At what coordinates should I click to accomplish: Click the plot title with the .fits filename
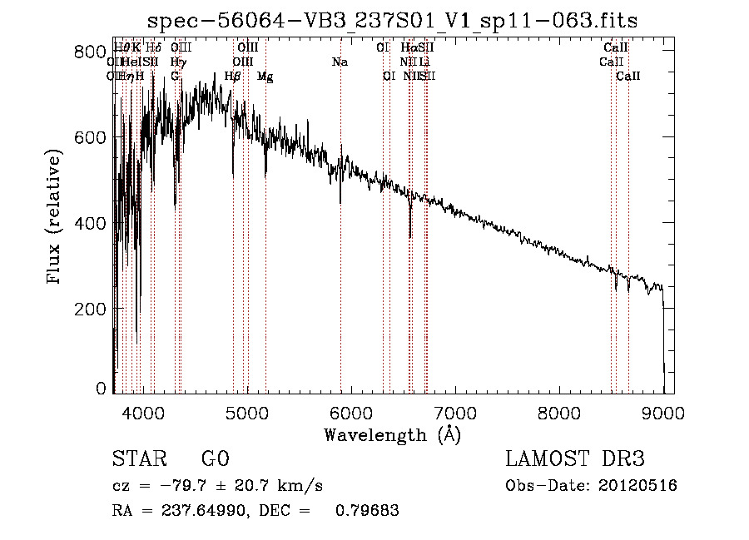(393, 20)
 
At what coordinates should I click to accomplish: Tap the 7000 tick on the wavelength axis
(454, 411)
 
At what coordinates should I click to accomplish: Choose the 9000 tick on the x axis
(662, 411)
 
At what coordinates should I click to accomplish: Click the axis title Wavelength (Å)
(392, 434)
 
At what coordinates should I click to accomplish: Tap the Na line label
(340, 62)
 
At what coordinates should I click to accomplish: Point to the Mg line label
(265, 76)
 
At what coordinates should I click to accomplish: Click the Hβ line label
(232, 76)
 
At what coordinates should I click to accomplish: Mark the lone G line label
(175, 76)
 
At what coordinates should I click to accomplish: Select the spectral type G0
(215, 459)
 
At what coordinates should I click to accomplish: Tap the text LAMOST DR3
(575, 459)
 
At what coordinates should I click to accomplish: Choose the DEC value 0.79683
(366, 511)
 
